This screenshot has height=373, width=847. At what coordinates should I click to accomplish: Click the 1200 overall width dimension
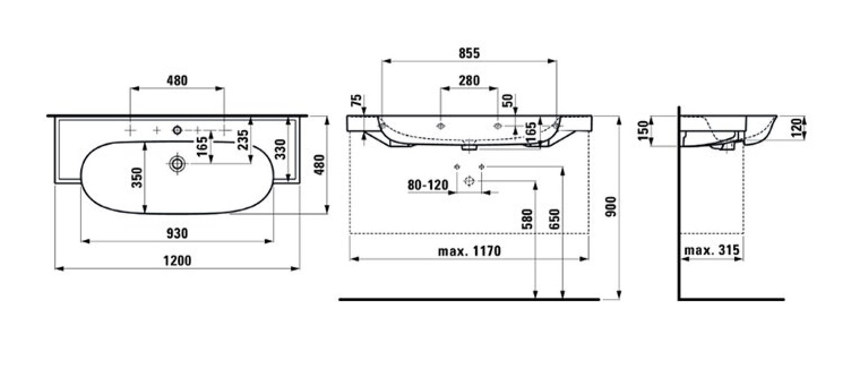[x=177, y=260]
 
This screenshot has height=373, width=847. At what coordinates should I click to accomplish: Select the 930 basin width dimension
[x=177, y=233]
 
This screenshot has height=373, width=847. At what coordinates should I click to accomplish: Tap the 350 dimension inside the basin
[x=137, y=178]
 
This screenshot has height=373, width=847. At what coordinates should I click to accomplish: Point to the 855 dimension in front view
[x=469, y=53]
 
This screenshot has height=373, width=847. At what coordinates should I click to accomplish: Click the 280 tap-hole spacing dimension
[x=469, y=80]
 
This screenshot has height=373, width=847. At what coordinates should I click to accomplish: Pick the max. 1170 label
[x=469, y=251]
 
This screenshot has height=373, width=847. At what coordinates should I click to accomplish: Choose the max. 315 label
[x=712, y=250]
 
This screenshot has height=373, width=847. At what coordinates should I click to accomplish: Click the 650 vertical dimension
[x=554, y=220]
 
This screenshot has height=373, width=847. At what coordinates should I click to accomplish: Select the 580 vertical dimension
[x=527, y=220]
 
